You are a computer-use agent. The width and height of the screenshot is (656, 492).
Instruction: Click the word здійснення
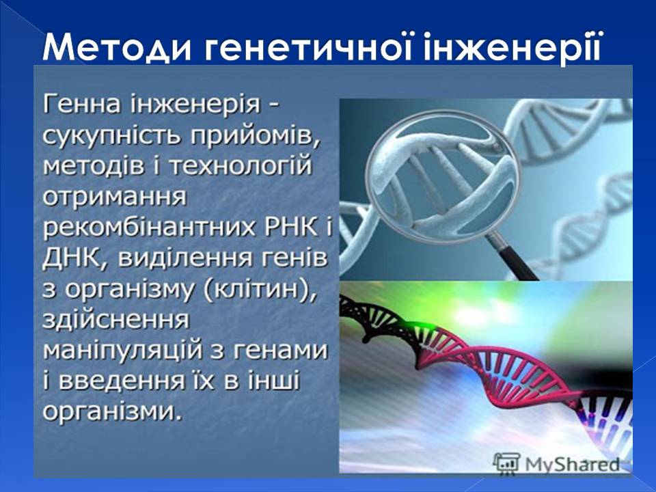pyautogui.click(x=116, y=318)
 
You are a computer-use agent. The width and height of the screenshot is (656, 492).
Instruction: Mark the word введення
pyautogui.click(x=125, y=380)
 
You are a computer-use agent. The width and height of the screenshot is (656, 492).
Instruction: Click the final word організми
pyautogui.click(x=113, y=411)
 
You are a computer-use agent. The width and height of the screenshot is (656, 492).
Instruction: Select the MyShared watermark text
pyautogui.click(x=571, y=464)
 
